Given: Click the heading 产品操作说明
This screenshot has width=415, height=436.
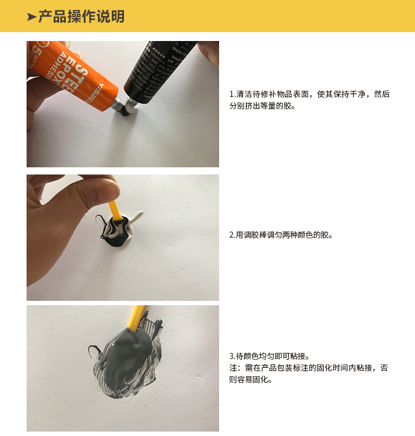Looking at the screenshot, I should (81, 17).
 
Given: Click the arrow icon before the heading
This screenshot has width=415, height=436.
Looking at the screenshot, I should (32, 17).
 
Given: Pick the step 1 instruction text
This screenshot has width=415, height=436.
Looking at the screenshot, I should (309, 100).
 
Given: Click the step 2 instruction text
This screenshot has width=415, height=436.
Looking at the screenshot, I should (281, 235).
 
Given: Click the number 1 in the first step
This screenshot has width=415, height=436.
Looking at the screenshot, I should (231, 94).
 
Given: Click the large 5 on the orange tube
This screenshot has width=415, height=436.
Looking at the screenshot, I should (35, 53).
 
